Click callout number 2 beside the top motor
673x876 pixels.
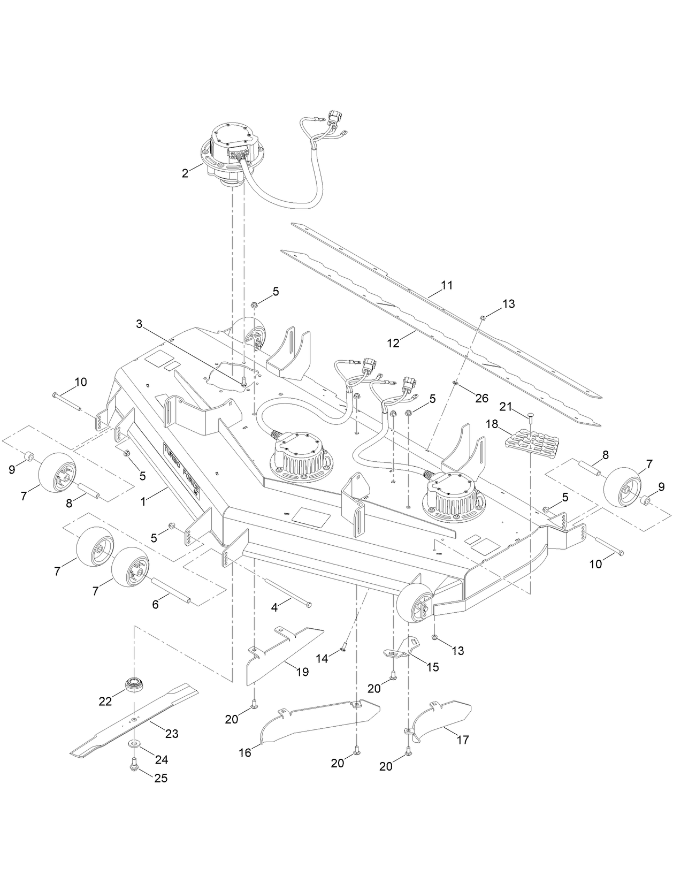pos(185,173)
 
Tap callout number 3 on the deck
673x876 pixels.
pos(139,324)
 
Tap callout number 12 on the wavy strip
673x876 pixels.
pos(393,343)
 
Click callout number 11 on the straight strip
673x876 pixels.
pos(447,285)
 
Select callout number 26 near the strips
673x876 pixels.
pos(481,399)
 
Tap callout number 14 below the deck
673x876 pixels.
pos(322,658)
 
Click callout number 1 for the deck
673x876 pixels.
pos(143,502)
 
